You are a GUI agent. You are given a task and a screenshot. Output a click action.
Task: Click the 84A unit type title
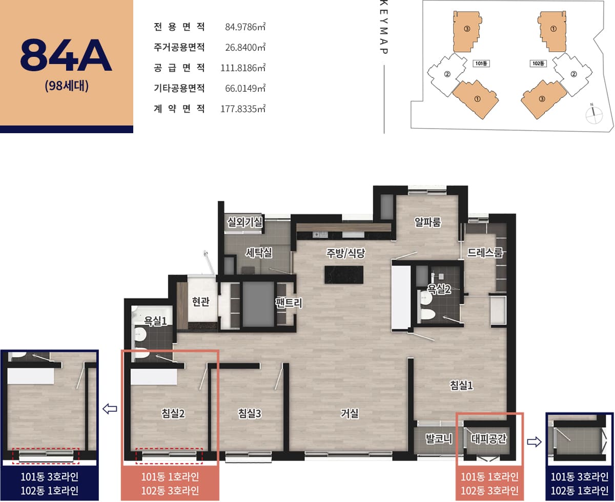click(66, 55)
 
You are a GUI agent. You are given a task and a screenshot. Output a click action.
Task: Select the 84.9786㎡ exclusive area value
click(245, 27)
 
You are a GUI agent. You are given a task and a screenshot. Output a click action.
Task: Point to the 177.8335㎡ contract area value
click(242, 109)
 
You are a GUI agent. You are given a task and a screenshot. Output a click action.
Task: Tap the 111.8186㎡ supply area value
click(242, 68)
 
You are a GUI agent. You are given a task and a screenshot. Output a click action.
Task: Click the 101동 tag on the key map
click(481, 64)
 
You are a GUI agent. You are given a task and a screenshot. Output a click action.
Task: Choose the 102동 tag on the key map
click(538, 64)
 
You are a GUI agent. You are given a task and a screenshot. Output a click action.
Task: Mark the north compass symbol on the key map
click(593, 114)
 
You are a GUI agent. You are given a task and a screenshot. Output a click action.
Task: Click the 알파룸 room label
click(427, 222)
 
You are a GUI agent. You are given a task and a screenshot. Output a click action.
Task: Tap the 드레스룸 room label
click(485, 253)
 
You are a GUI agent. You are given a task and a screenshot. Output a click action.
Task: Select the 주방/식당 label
click(345, 253)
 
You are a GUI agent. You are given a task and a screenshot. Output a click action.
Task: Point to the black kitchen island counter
click(344, 275)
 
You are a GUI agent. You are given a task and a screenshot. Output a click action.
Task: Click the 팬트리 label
click(289, 303)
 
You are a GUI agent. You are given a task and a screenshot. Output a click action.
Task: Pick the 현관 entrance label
click(200, 301)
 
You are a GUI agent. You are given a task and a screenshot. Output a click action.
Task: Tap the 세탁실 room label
click(259, 253)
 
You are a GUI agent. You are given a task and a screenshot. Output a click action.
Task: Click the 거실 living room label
click(350, 413)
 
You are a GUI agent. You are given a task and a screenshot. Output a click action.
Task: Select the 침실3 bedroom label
click(250, 413)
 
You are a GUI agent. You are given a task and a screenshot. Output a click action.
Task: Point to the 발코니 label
click(439, 438)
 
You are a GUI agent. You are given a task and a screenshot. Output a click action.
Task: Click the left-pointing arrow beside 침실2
click(110, 409)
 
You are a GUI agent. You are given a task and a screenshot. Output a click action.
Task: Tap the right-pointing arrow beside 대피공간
click(534, 442)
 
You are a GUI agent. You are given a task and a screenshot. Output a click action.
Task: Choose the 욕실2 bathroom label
click(439, 289)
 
